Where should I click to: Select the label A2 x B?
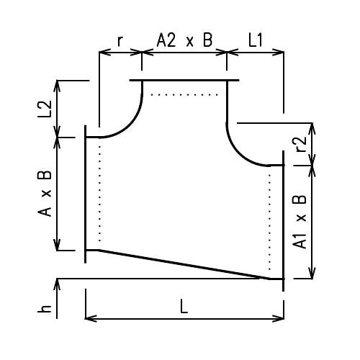point(184,41)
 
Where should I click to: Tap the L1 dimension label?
point(256,41)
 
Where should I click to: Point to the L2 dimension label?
point(45,108)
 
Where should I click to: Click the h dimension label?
point(45,309)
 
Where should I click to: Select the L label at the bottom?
point(184,307)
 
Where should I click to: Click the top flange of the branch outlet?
point(184,80)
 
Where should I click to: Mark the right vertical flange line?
point(284,223)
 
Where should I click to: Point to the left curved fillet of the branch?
point(130,123)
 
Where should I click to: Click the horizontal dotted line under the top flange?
point(184,94)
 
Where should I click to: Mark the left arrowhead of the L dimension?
point(90,317)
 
